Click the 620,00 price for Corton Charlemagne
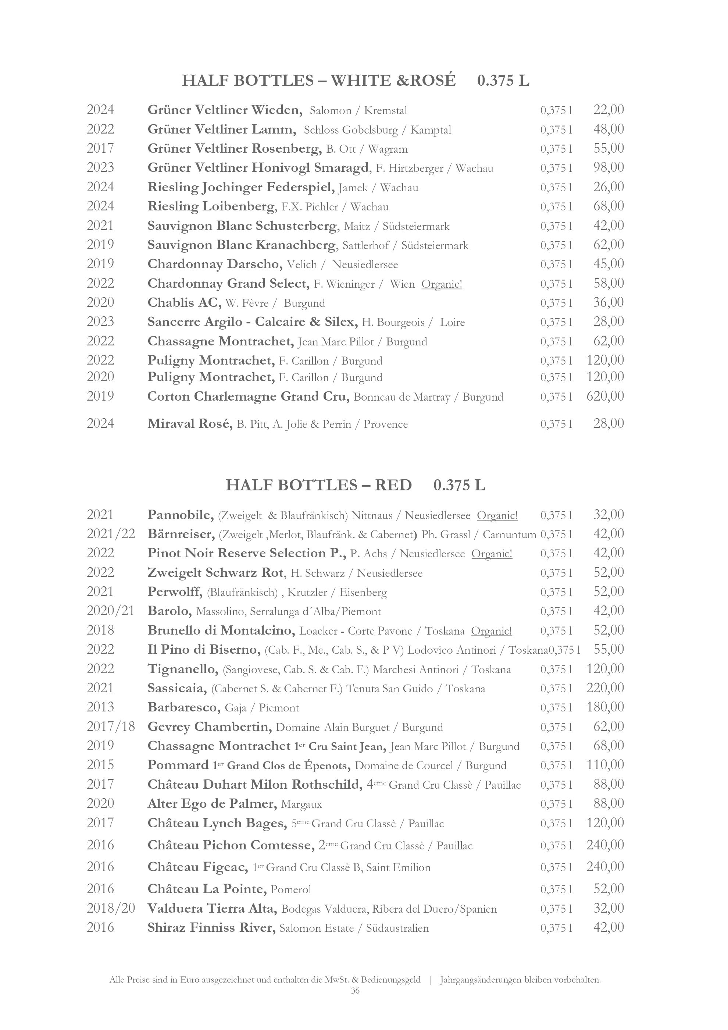tap(605, 396)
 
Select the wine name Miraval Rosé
tap(190, 424)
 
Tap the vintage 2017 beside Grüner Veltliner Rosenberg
tap(100, 149)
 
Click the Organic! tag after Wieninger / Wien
tap(442, 284)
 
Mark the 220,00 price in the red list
tap(605, 688)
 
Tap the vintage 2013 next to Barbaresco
tap(100, 707)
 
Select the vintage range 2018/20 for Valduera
tap(111, 909)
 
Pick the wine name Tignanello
tap(182, 669)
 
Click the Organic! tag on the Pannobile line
tap(497, 515)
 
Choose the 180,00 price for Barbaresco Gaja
tap(605, 707)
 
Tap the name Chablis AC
tap(184, 303)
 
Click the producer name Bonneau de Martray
tap(402, 397)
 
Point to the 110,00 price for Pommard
tap(605, 765)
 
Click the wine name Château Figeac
tap(197, 867)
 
